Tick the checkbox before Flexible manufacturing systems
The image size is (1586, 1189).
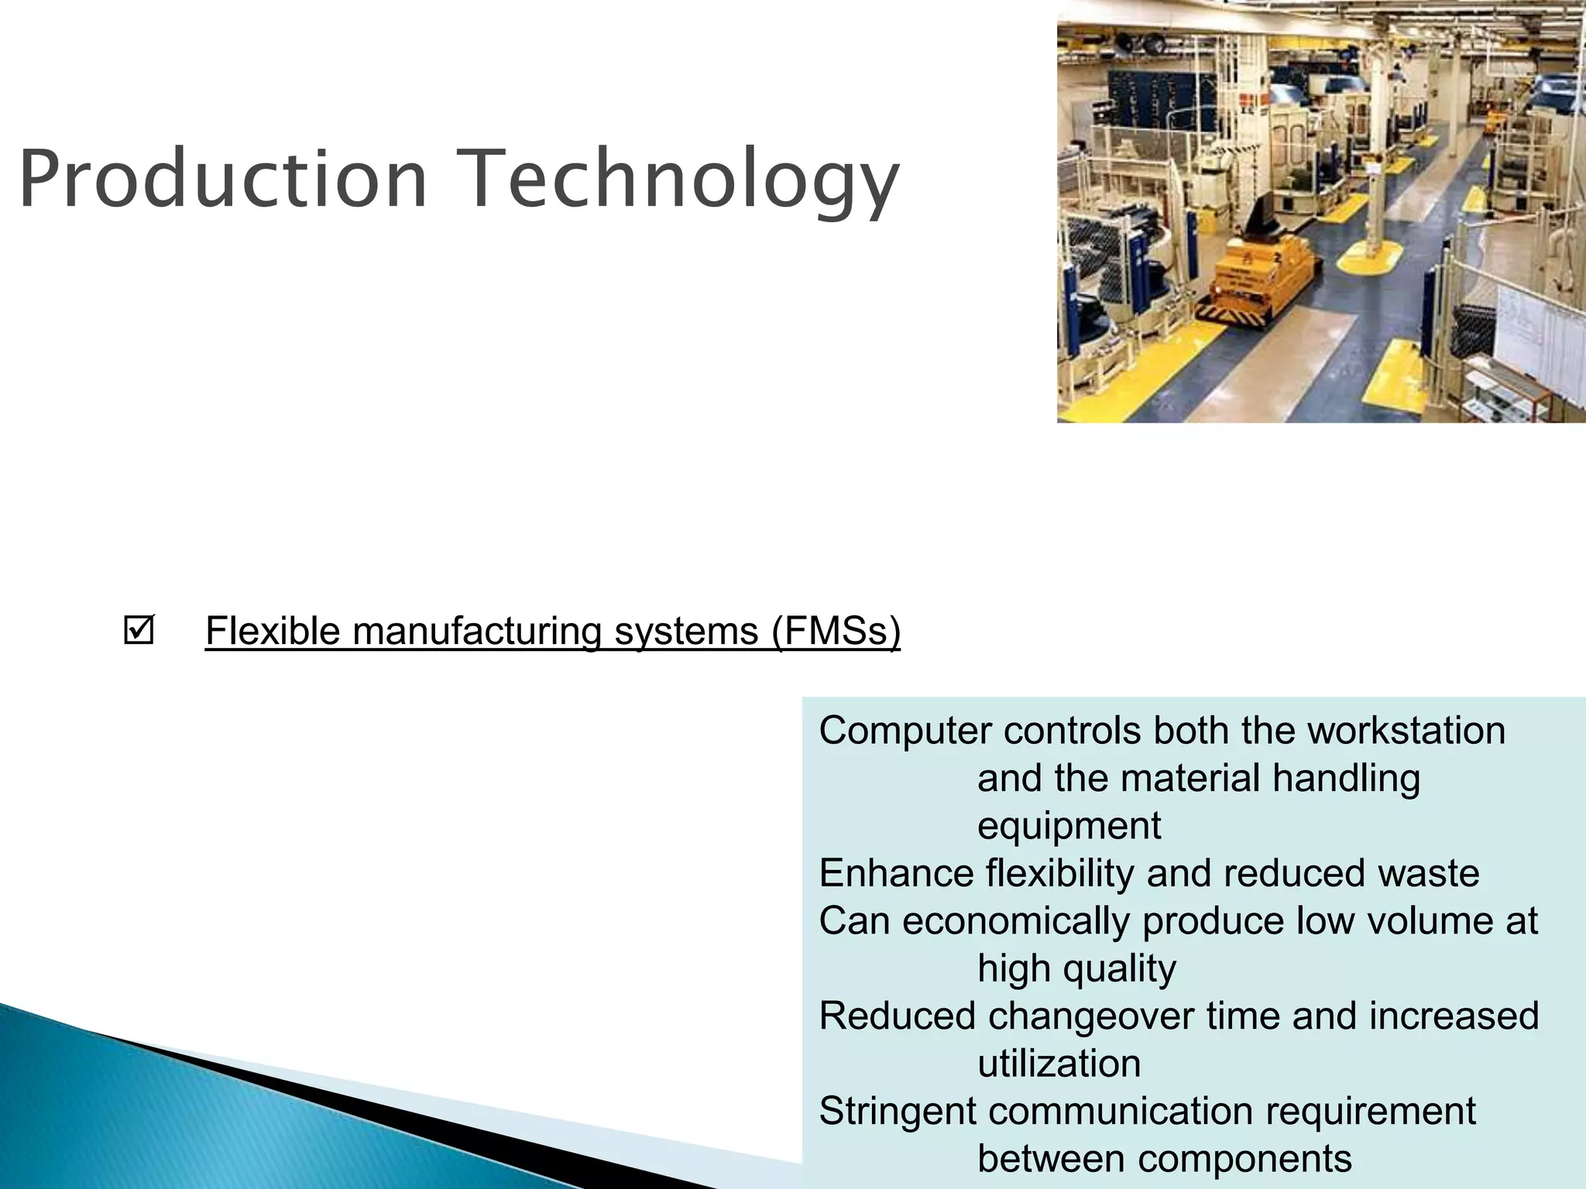tap(139, 631)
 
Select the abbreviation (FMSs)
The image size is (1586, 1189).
tap(836, 631)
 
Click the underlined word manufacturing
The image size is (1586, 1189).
tap(477, 631)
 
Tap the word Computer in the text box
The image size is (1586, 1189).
tap(905, 732)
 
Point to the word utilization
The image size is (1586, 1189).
tap(1059, 1064)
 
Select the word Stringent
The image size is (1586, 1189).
tap(897, 1112)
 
